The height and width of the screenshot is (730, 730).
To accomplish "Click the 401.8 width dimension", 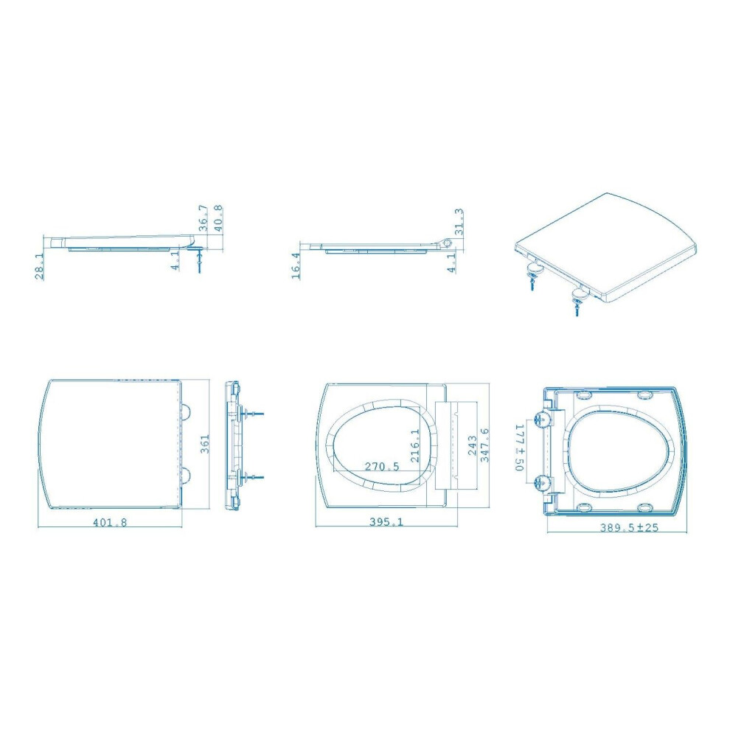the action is coord(110,522).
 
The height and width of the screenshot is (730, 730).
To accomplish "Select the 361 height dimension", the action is coord(204,444).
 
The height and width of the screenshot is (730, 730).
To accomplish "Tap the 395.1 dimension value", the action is coord(386,521).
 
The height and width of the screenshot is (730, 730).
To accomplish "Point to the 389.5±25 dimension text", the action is coord(629,527).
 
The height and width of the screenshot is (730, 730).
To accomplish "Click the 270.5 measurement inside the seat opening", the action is coord(382,466).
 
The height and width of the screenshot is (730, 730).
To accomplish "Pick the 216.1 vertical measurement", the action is coord(415,445).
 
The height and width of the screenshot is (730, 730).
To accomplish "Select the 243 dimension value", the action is coord(472,446).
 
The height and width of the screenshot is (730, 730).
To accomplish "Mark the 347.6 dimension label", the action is coord(484,445).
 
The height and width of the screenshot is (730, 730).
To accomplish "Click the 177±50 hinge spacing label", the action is coord(520,447).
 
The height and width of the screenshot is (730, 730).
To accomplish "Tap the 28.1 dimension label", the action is coord(40,267).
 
